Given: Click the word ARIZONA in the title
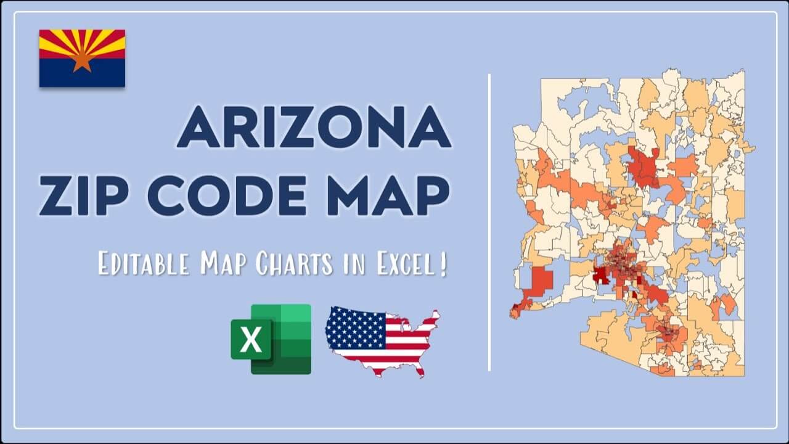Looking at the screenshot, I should (314, 126).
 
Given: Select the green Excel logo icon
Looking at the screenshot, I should (271, 339).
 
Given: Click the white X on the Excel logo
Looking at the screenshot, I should (251, 340).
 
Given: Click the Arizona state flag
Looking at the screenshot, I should (82, 58).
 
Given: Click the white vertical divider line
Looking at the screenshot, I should (489, 222).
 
